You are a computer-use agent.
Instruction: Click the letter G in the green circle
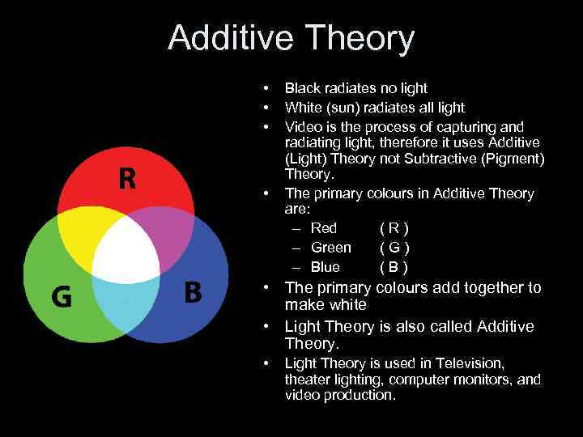tap(62, 297)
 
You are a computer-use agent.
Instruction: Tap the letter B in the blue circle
tap(193, 291)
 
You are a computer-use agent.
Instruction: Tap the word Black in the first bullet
tap(302, 88)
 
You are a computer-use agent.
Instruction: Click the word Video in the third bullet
tap(302, 127)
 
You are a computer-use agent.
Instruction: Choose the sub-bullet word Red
tap(324, 228)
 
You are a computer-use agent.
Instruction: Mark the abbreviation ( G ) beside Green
tap(394, 248)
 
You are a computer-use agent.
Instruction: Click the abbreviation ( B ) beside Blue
tap(394, 267)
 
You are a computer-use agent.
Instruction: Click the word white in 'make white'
tap(348, 305)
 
